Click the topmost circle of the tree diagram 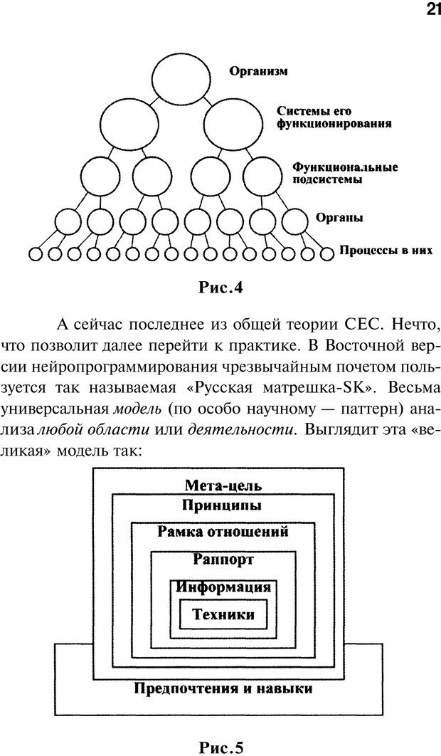tap(176, 73)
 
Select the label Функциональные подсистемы tap(344, 173)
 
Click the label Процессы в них tap(386, 251)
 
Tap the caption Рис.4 tap(221, 288)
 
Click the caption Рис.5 tap(221, 747)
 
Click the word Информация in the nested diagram tap(223, 588)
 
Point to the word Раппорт tap(223, 560)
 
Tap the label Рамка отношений tap(223, 532)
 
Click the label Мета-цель tap(223, 486)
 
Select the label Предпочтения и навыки tap(223, 689)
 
